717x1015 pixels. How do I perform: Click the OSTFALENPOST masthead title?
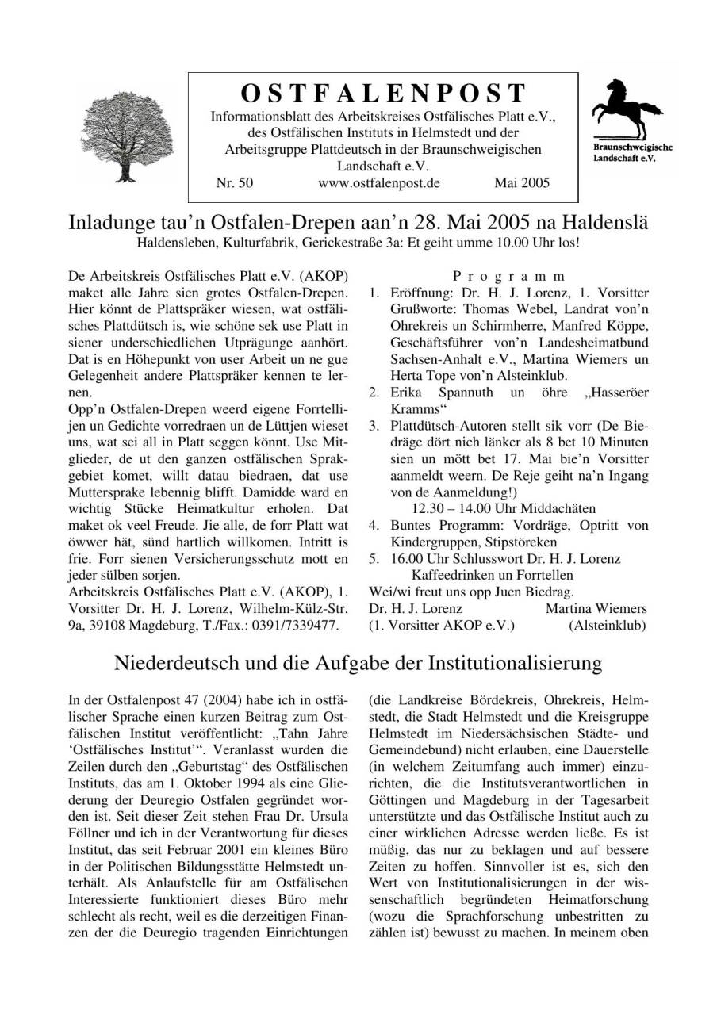[x=383, y=93]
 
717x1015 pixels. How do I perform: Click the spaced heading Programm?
[x=508, y=278]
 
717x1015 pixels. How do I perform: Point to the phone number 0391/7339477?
[x=300, y=625]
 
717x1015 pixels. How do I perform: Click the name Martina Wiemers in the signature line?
[x=596, y=608]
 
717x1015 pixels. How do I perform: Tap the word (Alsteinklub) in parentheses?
[x=607, y=625]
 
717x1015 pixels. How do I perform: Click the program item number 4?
[x=374, y=525]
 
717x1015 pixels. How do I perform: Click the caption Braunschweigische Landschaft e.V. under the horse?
[x=632, y=152]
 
